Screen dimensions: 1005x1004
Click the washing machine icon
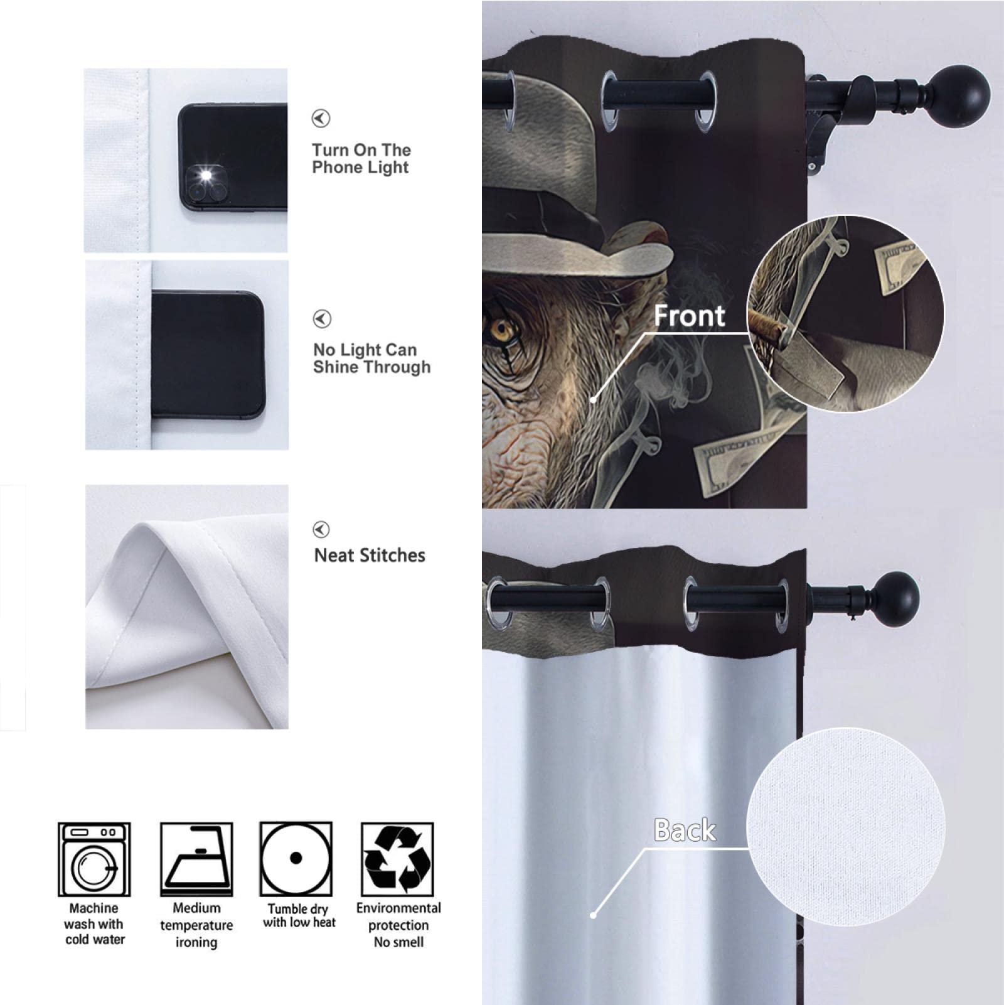[94, 859]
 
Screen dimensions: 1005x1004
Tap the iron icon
[196, 859]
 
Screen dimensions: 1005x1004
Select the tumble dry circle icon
[296, 858]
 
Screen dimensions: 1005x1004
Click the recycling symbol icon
[398, 859]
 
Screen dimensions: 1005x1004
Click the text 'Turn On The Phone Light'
[361, 159]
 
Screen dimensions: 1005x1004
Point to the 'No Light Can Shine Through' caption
[371, 358]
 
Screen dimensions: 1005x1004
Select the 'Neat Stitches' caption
[370, 556]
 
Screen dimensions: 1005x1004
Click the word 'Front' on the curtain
[689, 316]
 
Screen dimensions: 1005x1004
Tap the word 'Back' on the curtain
[685, 830]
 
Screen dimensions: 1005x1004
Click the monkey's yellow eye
[501, 328]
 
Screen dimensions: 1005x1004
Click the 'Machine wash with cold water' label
[94, 924]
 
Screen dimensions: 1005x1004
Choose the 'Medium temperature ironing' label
[196, 925]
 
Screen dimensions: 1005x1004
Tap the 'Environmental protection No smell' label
[398, 925]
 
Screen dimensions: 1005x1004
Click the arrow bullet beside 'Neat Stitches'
[321, 530]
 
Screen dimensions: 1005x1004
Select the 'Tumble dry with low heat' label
[299, 916]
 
